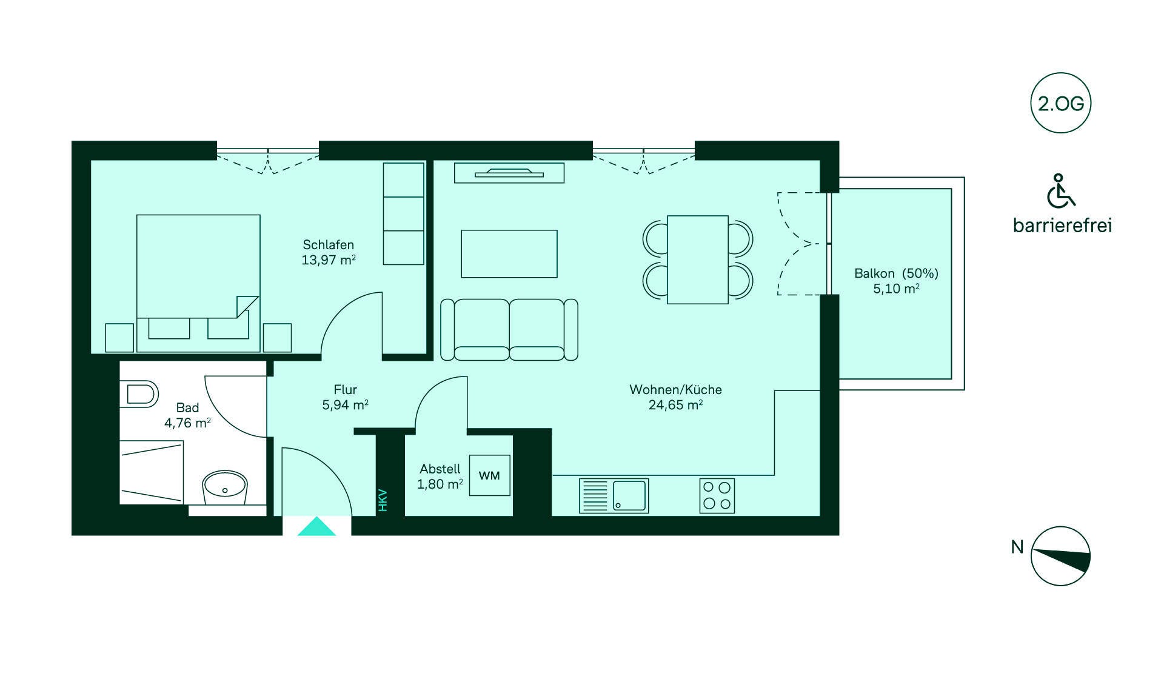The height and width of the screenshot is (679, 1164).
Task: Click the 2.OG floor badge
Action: click(1060, 103)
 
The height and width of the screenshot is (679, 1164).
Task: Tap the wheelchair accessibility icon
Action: click(1060, 191)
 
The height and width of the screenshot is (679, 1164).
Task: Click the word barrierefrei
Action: click(1062, 226)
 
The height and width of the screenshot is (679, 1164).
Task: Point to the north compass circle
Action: click(1060, 556)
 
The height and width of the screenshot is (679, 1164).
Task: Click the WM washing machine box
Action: click(489, 475)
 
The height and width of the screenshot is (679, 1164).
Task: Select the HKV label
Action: click(383, 500)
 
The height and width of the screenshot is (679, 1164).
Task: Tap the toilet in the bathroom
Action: click(139, 394)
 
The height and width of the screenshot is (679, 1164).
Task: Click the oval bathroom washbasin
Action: click(224, 486)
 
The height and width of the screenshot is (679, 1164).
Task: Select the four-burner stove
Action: click(717, 496)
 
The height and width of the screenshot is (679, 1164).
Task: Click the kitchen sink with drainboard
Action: click(614, 496)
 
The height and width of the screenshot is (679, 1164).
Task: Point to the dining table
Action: click(697, 259)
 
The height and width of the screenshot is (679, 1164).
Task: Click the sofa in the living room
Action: click(509, 329)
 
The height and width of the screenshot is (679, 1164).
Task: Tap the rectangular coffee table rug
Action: click(509, 254)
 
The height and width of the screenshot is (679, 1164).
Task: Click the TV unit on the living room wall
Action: click(509, 173)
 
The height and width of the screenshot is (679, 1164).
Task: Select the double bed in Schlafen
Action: click(198, 283)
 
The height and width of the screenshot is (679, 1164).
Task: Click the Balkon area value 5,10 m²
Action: click(896, 289)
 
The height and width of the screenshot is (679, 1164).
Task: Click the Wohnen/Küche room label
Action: click(675, 390)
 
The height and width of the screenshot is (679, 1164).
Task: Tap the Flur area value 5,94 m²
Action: click(345, 405)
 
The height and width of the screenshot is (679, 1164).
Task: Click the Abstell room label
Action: click(440, 469)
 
